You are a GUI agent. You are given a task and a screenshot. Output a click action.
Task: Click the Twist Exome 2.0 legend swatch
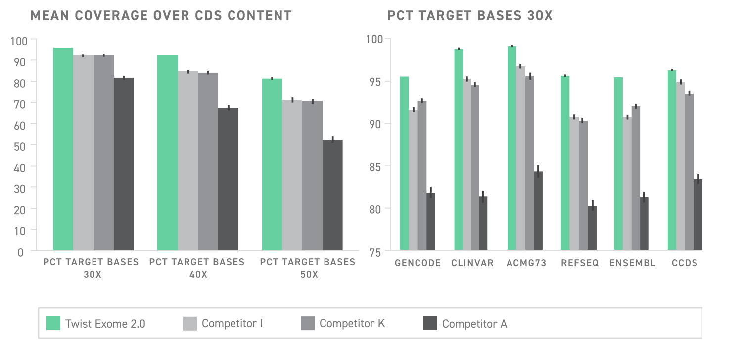(x=53, y=324)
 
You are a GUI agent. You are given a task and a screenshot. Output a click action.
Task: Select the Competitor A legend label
(x=474, y=324)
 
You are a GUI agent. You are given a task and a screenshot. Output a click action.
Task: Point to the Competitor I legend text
(x=232, y=324)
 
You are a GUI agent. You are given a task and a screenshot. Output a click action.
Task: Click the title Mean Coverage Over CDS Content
(x=161, y=16)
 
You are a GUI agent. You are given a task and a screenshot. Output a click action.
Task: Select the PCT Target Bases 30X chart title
(x=469, y=16)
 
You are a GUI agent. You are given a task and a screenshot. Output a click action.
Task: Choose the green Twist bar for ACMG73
(x=512, y=148)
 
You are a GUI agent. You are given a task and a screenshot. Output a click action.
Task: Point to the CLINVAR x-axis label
(x=472, y=263)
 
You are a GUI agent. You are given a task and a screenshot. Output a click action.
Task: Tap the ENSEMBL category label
(x=633, y=263)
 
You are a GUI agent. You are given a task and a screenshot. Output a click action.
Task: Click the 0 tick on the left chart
(x=20, y=252)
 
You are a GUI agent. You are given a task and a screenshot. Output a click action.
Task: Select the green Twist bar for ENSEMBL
(x=618, y=163)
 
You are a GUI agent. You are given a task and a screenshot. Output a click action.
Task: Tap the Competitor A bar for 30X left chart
(x=124, y=163)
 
